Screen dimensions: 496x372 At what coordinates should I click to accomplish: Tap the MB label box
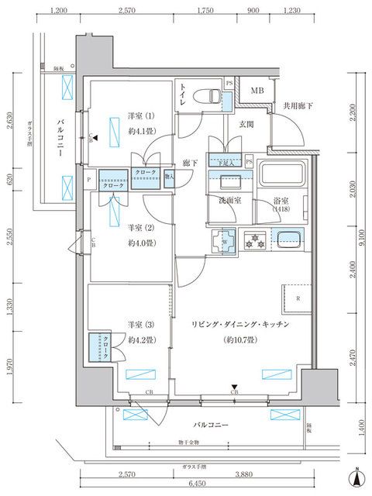pyautogui.click(x=256, y=91)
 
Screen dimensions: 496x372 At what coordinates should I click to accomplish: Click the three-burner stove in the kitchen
pyautogui.click(x=256, y=239)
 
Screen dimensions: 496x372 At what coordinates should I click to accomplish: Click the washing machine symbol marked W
pyautogui.click(x=224, y=242)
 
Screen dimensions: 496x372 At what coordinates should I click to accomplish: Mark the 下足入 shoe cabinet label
pyautogui.click(x=226, y=163)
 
